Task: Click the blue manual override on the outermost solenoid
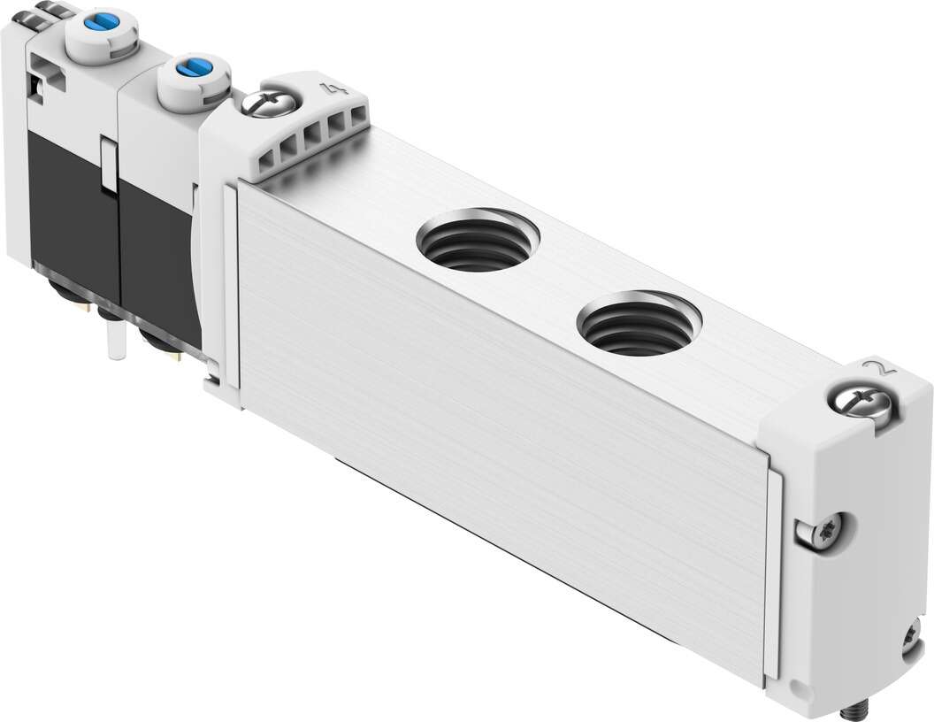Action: pos(107,20)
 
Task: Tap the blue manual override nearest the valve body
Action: pos(188,67)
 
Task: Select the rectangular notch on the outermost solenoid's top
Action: pos(46,76)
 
